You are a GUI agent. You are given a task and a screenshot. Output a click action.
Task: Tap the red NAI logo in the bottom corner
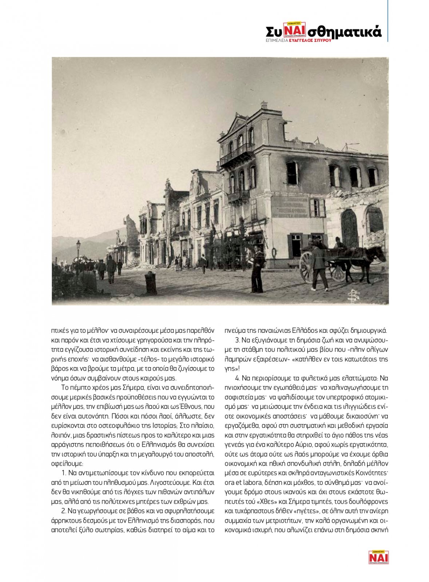[x=378, y=557]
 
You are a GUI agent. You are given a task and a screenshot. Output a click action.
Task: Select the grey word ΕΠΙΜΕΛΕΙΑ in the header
[x=277, y=41]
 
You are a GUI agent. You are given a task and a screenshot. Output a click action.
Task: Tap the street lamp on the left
[x=78, y=251]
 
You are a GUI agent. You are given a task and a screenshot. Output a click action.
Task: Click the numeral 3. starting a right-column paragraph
[x=238, y=340]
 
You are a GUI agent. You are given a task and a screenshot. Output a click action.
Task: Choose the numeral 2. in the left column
[x=64, y=511]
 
